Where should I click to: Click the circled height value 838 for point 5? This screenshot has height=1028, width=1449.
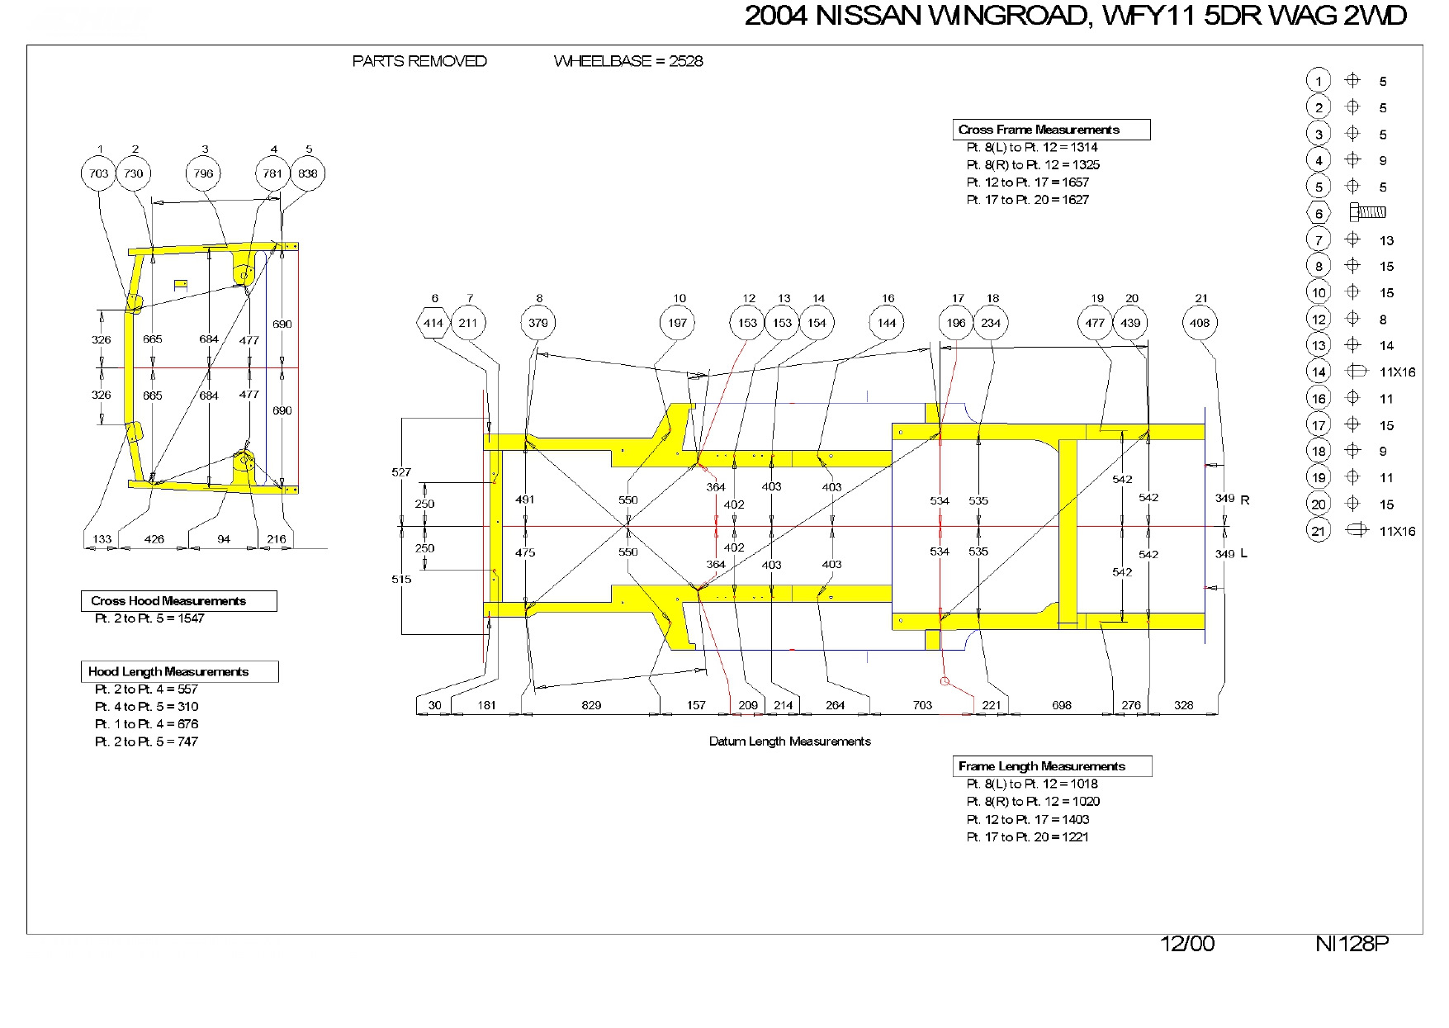(308, 173)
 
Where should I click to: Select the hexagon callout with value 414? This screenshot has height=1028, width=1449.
(433, 323)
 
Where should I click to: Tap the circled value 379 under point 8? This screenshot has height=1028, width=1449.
(538, 323)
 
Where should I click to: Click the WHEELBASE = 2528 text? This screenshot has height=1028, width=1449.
(628, 61)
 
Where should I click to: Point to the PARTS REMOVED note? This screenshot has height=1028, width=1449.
(419, 61)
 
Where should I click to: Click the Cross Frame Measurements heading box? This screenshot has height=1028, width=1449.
(1050, 130)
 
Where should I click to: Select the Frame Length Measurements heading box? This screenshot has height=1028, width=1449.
(1052, 766)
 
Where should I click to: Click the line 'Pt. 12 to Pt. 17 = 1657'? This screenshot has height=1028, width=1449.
(1027, 182)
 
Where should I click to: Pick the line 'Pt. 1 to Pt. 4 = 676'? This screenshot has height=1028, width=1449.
(146, 724)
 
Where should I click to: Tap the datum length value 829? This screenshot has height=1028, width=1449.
(591, 705)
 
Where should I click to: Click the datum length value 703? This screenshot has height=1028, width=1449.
(922, 705)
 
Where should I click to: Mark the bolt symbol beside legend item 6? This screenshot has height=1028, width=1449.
(1367, 213)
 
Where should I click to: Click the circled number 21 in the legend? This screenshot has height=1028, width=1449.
(1319, 531)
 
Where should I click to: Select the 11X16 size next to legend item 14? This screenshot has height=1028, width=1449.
(1397, 372)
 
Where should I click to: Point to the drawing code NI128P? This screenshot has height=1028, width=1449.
(1352, 944)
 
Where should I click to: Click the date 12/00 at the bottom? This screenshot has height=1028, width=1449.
(1187, 944)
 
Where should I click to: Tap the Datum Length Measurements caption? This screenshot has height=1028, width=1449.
(789, 741)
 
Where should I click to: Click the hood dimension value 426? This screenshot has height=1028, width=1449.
(154, 539)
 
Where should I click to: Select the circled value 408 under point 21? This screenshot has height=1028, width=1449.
(1200, 323)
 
